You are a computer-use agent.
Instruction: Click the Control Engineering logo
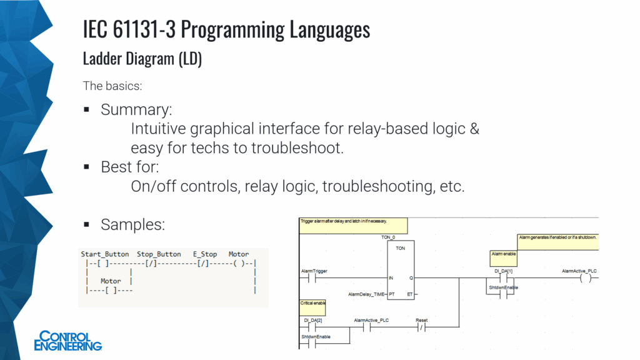click(68, 341)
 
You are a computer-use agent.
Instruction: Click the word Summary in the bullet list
click(136, 110)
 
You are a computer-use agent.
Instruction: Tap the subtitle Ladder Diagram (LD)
click(142, 59)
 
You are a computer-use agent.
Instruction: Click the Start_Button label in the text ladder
click(105, 254)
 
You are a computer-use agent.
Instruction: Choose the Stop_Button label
click(159, 254)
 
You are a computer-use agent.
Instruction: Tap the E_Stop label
click(205, 254)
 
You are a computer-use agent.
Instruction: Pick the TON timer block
click(400, 269)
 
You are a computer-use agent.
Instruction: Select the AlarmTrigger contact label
click(314, 271)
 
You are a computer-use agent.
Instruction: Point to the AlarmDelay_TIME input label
click(366, 293)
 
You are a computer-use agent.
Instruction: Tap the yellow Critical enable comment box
click(312, 306)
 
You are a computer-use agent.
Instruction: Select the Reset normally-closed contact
click(422, 327)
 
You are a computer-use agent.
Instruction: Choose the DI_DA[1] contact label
click(503, 271)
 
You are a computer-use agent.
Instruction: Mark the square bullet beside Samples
click(87, 224)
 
